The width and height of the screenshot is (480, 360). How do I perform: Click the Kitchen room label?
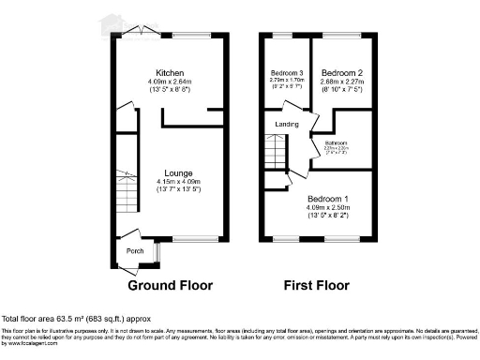click(170, 72)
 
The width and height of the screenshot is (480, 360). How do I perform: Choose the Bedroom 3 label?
click(287, 73)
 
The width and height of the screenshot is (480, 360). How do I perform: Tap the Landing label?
click(287, 124)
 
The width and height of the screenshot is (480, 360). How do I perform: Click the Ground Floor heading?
click(170, 285)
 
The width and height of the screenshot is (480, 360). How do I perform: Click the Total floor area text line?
click(75, 320)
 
